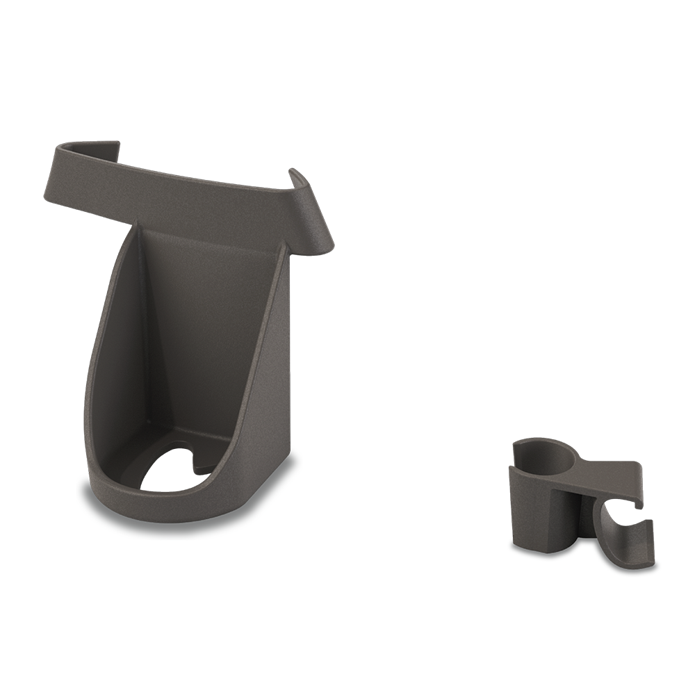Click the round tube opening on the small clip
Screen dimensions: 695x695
click(544, 455)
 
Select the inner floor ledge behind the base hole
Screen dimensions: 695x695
click(174, 445)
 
